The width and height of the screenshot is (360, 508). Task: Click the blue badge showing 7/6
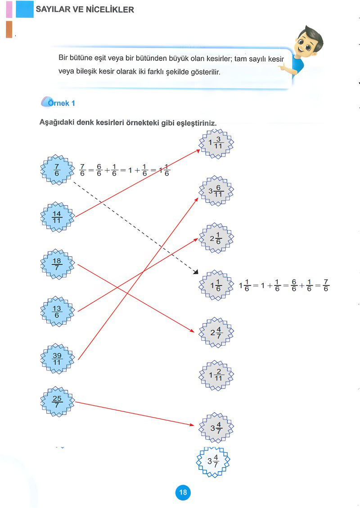(57, 170)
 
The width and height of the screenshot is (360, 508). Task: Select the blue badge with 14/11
(57, 217)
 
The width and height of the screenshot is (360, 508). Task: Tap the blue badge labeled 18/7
(57, 264)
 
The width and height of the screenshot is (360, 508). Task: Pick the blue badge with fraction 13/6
(57, 312)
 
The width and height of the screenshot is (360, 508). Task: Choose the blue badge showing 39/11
(57, 359)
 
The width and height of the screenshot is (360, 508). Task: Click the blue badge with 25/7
(57, 401)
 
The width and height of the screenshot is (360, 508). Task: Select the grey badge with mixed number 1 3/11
(216, 143)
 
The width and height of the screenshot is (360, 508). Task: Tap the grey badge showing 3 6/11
(216, 191)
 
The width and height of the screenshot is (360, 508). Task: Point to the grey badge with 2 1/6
(216, 238)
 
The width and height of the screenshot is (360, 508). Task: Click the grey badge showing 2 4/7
(216, 332)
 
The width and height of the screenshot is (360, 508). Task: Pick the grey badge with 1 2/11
(216, 375)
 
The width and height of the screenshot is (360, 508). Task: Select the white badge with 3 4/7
(213, 462)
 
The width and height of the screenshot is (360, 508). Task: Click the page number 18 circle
(183, 492)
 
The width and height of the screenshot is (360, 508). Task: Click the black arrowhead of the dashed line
(196, 272)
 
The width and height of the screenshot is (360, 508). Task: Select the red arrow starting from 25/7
(135, 414)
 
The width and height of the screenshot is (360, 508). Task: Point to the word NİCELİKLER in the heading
(110, 9)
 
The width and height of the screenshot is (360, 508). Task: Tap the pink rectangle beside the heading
(9, 9)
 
